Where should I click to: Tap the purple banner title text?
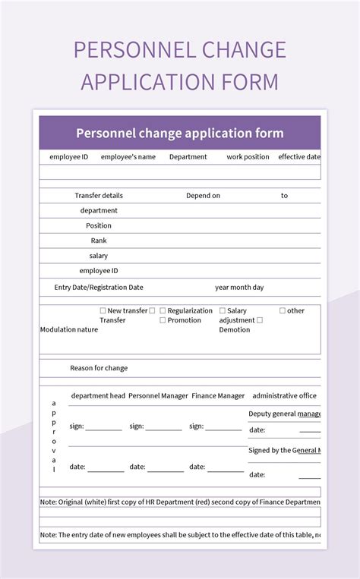pos(180,134)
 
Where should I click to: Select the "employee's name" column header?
pos(128,157)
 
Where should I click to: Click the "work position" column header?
pos(248,157)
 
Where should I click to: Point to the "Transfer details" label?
pos(99,196)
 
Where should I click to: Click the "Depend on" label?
pos(203,196)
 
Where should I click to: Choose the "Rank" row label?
pos(99,241)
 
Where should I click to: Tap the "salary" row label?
pos(99,256)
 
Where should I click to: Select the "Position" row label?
pos(99,225)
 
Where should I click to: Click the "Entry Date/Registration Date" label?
pos(99,288)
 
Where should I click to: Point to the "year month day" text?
pos(239,288)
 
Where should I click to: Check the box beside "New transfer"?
pos(103,310)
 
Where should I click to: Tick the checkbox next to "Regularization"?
pos(163,310)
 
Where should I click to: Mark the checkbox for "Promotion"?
pos(163,320)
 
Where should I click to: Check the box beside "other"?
pos(283,310)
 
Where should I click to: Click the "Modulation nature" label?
pos(69,330)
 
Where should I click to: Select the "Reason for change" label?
pos(99,368)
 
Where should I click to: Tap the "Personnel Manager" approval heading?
pos(159,396)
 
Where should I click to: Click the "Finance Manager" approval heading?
pos(218,396)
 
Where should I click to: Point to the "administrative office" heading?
pos(284,396)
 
